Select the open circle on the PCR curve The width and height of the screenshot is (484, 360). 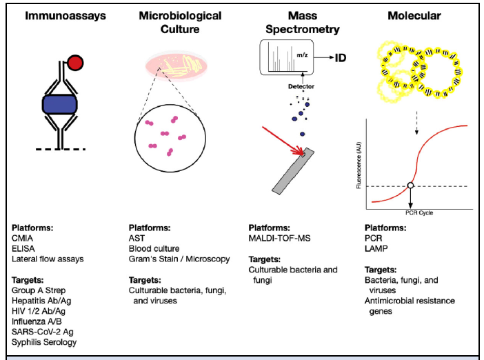[410, 186]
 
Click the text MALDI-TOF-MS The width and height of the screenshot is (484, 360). [281, 238]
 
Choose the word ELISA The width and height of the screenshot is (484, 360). [25, 248]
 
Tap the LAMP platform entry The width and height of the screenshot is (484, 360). [375, 248]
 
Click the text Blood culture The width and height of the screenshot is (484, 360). [154, 248]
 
